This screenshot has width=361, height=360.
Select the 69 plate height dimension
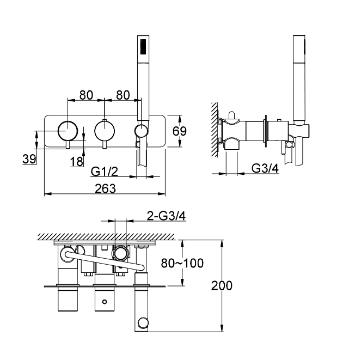[x=180, y=131]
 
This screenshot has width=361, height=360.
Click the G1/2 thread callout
[x=105, y=172]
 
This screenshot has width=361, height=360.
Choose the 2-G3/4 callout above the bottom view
[x=167, y=216]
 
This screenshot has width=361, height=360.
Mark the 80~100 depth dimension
[x=183, y=263]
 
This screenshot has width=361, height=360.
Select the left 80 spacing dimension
[x=86, y=94]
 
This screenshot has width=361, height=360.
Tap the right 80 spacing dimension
[x=123, y=94]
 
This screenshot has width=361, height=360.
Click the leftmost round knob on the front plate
[x=68, y=131]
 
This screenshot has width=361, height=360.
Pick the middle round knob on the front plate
[x=104, y=131]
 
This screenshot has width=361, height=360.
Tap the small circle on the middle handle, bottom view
[x=103, y=300]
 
